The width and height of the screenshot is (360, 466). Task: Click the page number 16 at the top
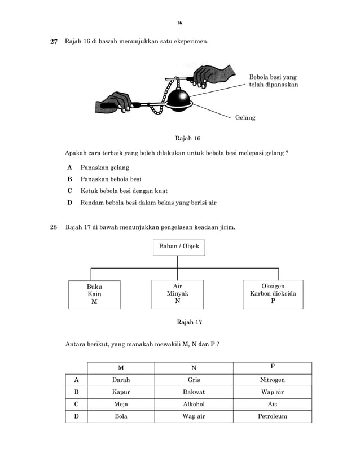coord(179,23)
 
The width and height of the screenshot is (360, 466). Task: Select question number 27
coord(54,42)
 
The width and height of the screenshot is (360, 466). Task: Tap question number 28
coord(54,227)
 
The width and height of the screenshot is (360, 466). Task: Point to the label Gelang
coord(245,118)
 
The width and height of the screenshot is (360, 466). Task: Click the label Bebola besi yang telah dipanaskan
coord(273,81)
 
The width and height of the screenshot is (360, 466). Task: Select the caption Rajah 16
coord(188,138)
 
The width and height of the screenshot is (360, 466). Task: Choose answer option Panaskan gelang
coord(104,168)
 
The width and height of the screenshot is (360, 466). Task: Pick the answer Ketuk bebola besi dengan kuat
coord(124,191)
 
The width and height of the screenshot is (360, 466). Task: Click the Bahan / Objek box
coord(179,247)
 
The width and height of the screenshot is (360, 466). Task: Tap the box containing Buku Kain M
coord(94,294)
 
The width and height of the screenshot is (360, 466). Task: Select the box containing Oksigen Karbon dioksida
coord(273,294)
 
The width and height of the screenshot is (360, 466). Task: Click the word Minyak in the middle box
coord(177,294)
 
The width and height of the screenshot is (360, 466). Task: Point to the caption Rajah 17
coord(190,322)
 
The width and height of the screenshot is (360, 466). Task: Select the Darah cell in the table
coord(121,380)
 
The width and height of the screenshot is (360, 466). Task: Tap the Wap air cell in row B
coord(272,392)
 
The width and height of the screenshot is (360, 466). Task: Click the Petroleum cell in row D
coord(272,416)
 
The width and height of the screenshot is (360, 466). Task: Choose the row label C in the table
coord(76,405)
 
